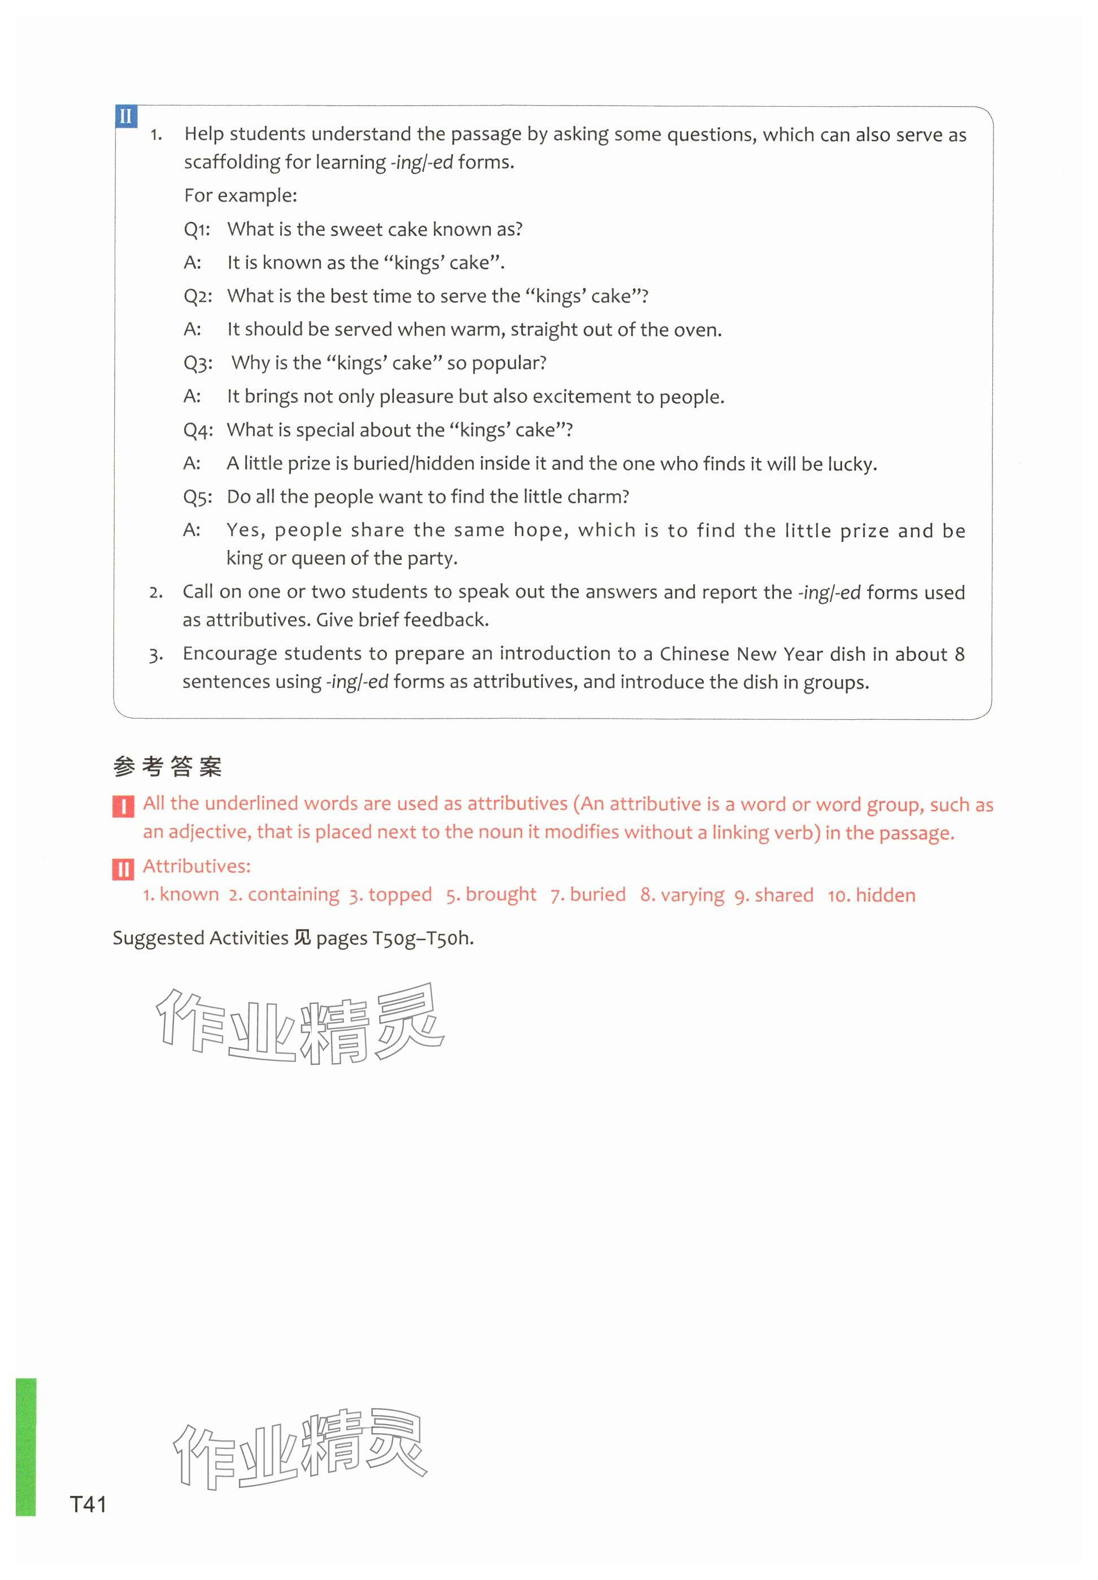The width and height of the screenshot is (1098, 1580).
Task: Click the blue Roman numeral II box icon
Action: click(126, 116)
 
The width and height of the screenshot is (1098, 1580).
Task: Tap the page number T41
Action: click(88, 1504)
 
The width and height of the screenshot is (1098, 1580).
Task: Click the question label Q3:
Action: click(198, 363)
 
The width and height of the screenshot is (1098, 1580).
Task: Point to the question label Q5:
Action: click(198, 497)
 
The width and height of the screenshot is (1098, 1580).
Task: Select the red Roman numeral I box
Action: click(123, 806)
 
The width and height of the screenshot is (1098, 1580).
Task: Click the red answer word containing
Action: click(293, 895)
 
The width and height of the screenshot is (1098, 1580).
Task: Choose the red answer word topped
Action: click(400, 895)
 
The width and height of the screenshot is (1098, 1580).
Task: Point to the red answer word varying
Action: click(691, 895)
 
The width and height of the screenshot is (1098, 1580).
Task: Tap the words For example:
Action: click(240, 196)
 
